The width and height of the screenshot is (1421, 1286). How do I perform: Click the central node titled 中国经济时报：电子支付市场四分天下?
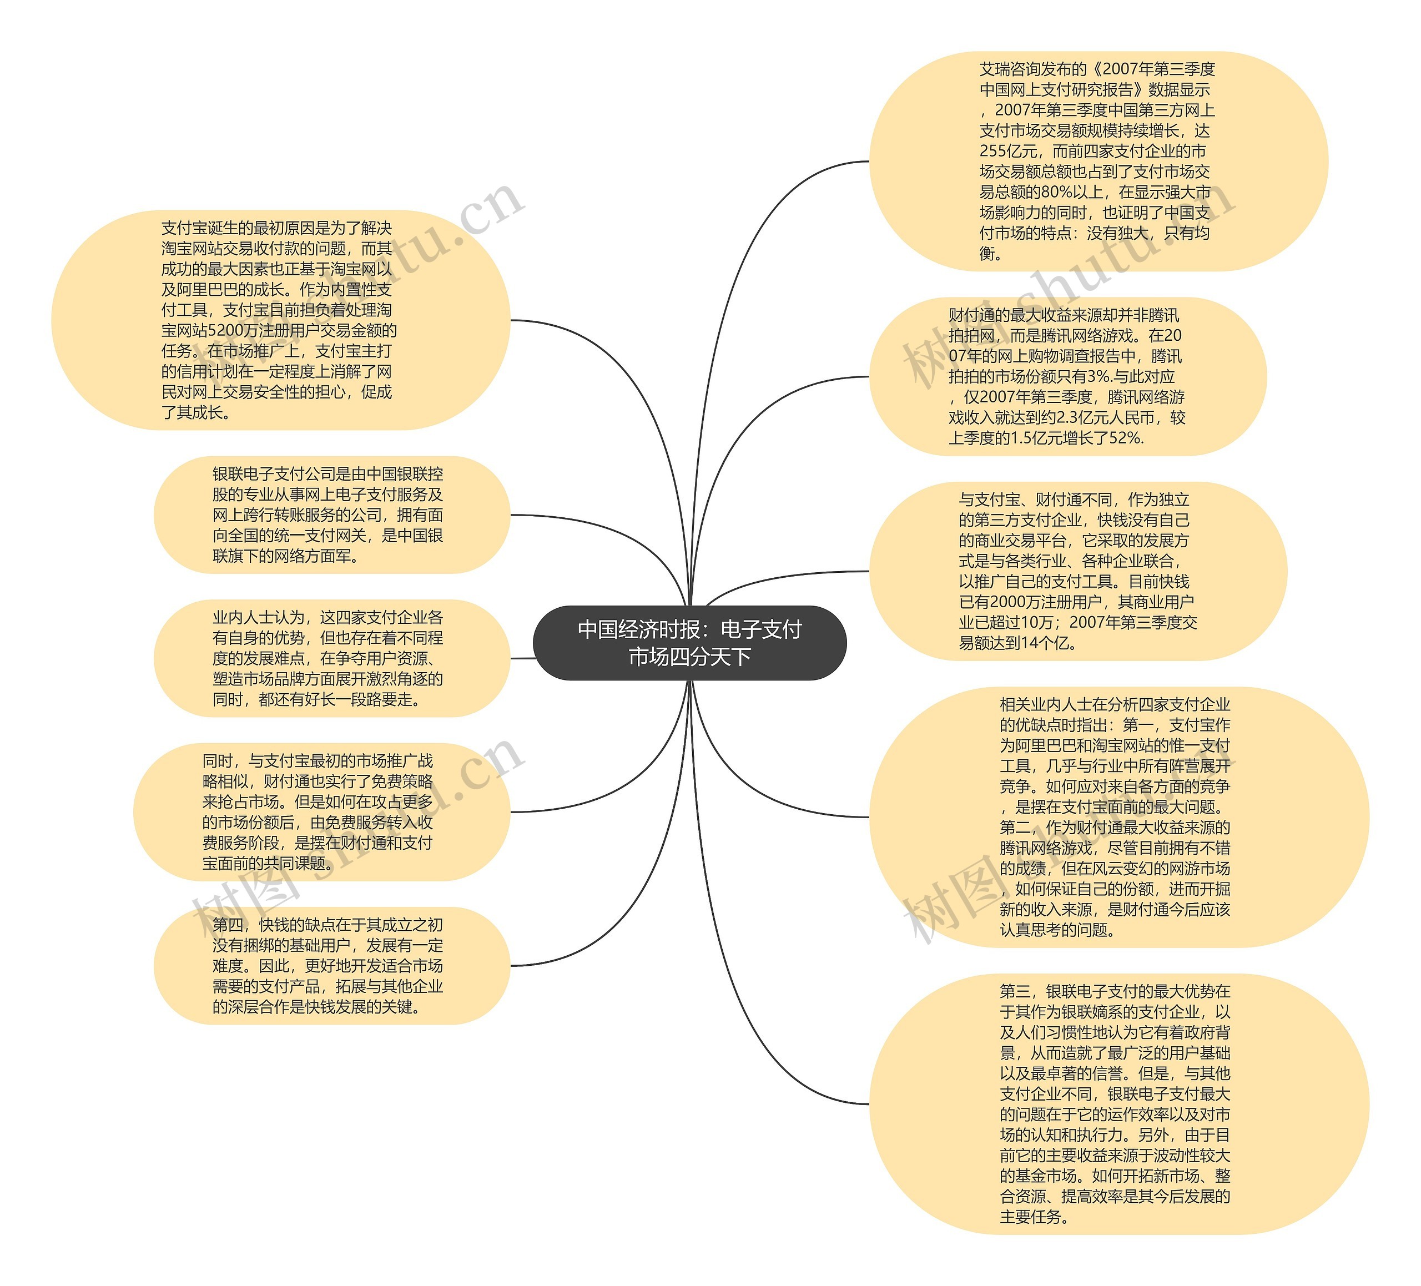(x=689, y=643)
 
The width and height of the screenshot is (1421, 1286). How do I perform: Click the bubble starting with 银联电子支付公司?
(x=331, y=515)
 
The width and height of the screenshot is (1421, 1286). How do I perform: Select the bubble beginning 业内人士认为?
(x=331, y=658)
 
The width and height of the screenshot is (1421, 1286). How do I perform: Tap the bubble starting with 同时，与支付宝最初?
(x=321, y=812)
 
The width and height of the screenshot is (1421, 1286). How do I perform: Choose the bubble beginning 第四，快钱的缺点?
(x=331, y=965)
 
